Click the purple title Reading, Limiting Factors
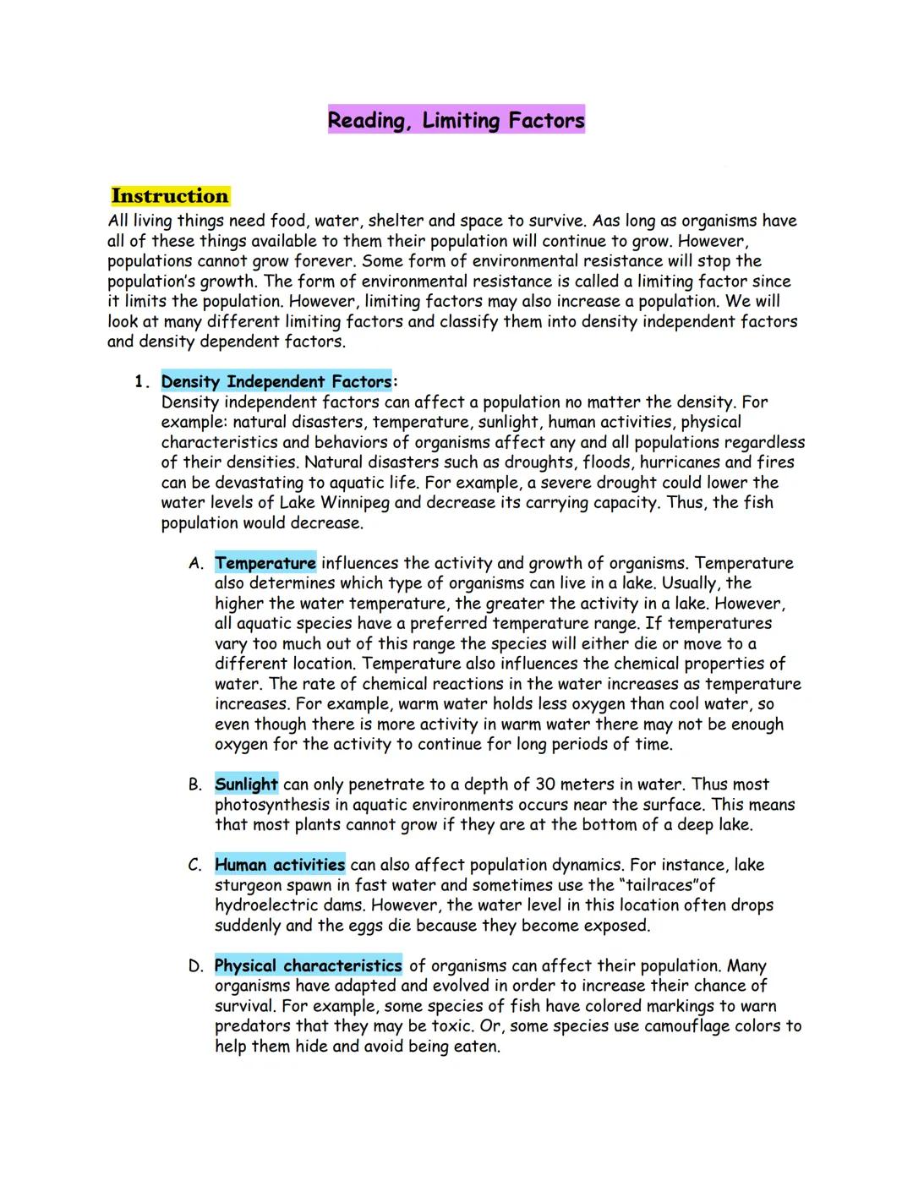456,120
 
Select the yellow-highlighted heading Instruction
170,196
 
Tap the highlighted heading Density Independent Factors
276,382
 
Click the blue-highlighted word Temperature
265,563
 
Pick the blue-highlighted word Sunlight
246,785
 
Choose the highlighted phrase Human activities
280,865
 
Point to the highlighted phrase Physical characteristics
309,965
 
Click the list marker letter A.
195,564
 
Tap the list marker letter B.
195,785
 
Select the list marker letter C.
195,866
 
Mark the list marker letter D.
195,966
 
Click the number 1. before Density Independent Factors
141,382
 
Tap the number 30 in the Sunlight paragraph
544,785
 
